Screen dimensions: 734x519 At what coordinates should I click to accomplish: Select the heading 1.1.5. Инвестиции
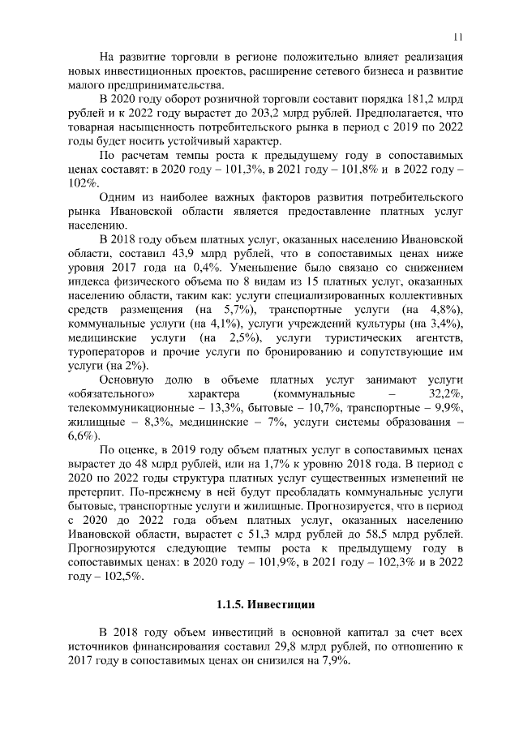pyautogui.click(x=265, y=605)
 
